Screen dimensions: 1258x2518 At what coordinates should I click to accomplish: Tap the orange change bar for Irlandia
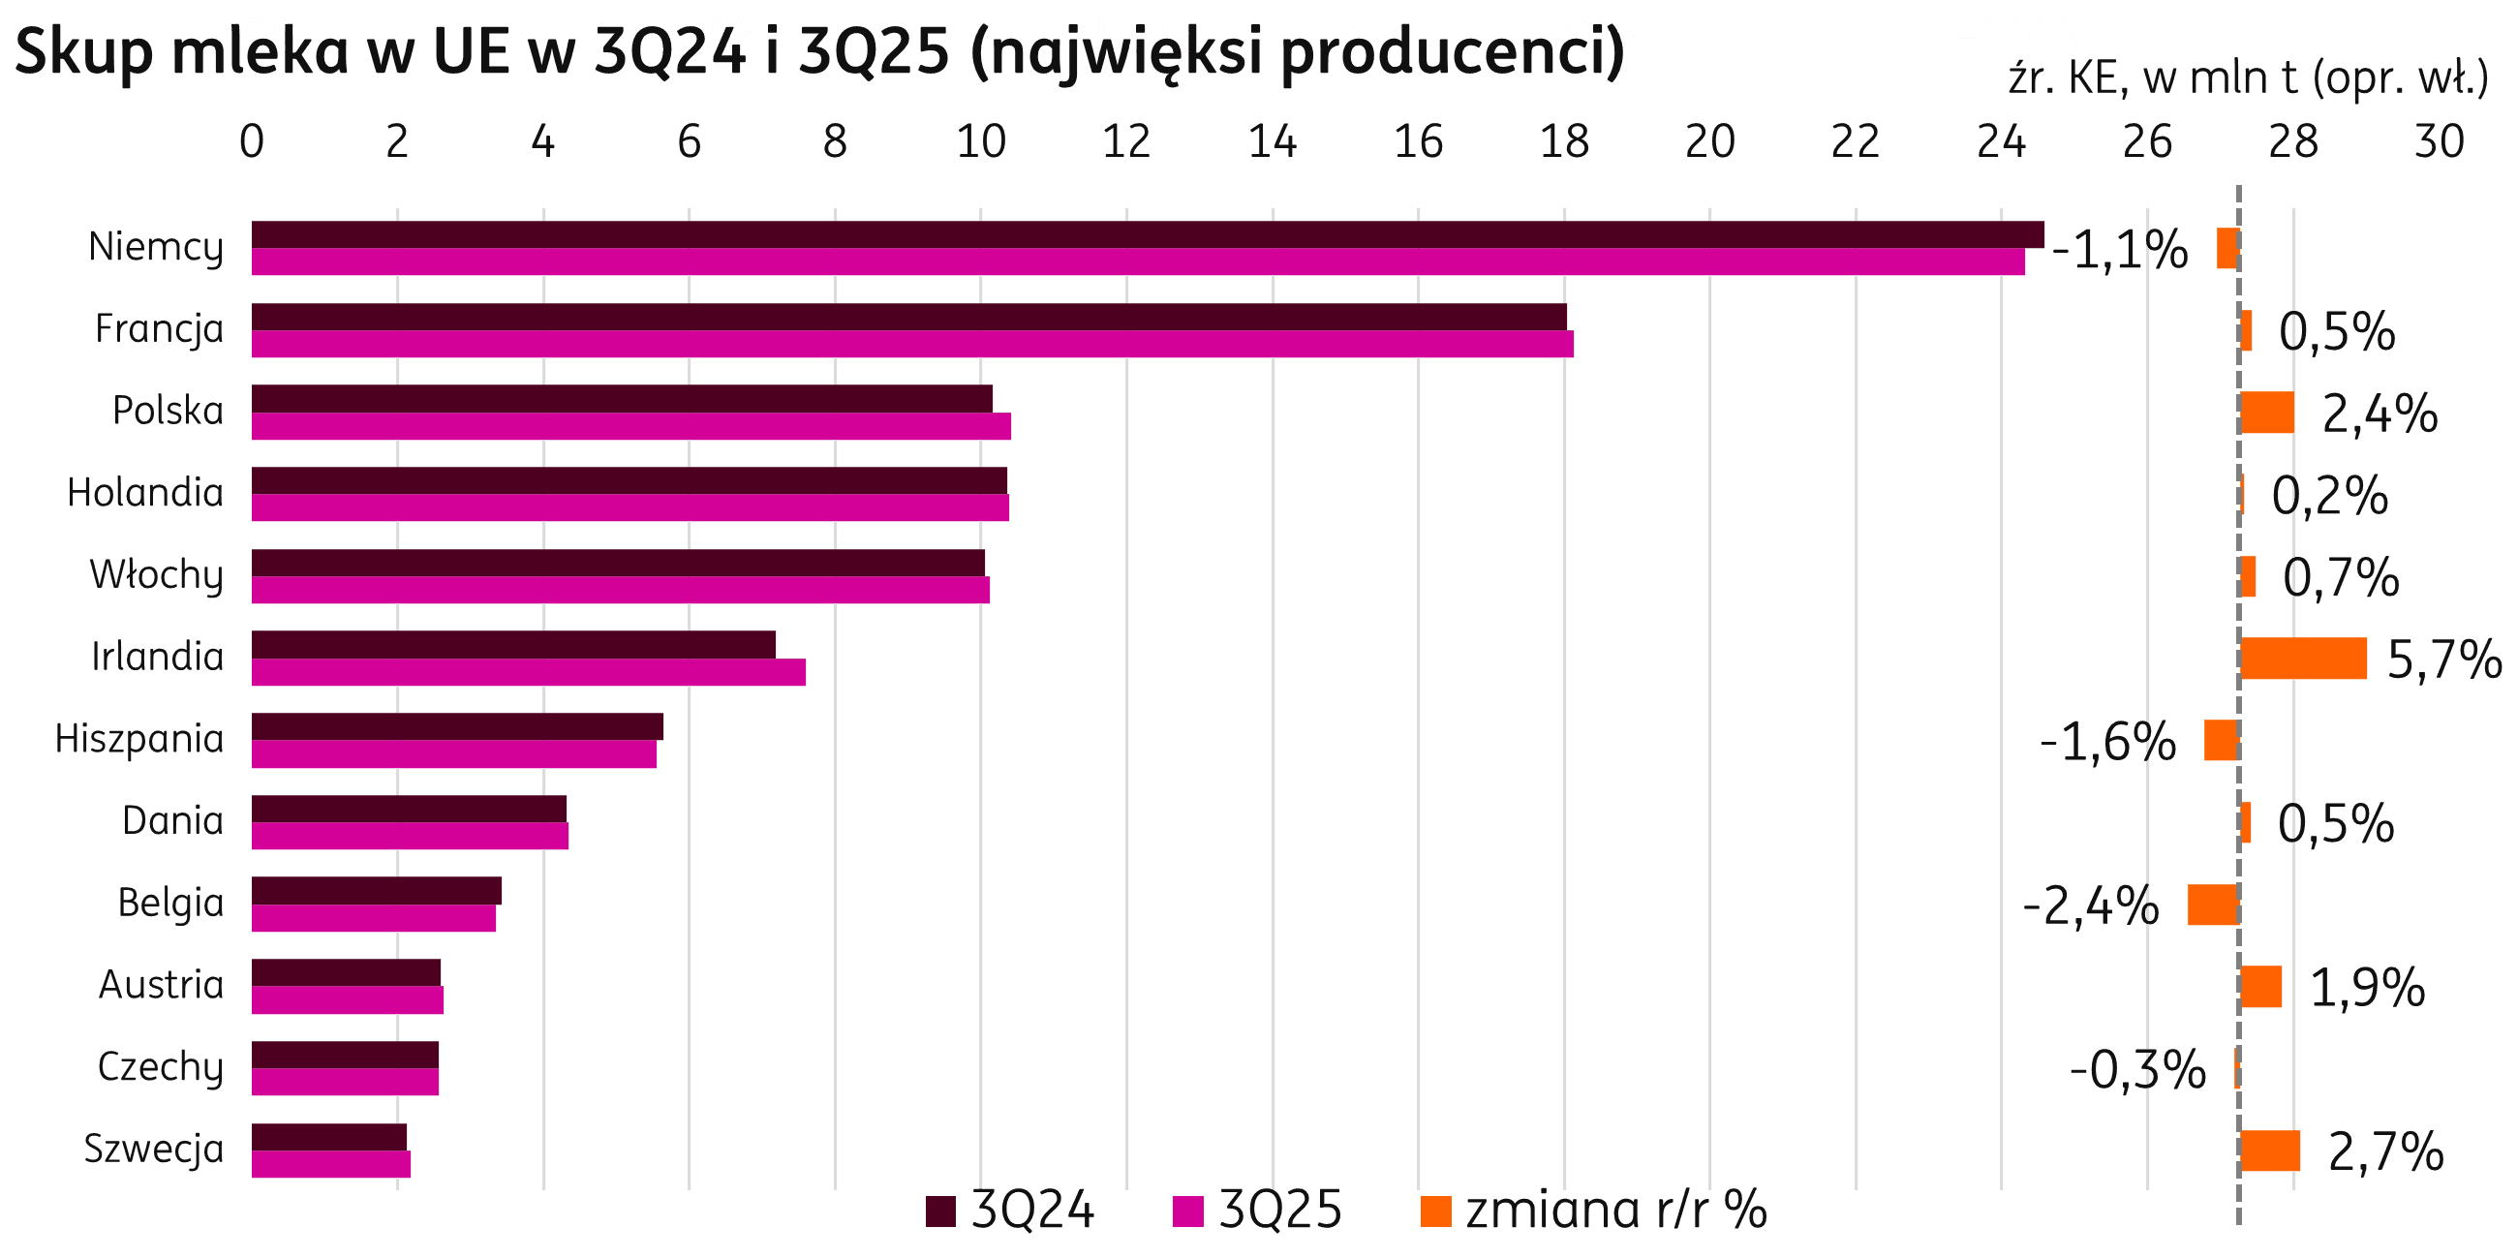pos(2303,658)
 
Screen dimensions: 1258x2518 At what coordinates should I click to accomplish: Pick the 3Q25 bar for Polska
pos(630,427)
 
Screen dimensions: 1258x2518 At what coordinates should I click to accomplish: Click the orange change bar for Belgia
pos(2213,905)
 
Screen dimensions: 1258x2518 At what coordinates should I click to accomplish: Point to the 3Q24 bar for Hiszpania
pos(457,727)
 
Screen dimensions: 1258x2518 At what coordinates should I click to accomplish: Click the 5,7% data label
pos(2443,660)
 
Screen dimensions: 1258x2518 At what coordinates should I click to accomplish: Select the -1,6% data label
pos(2107,742)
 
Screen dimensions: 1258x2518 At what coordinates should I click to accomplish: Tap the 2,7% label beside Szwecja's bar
pos(2385,1151)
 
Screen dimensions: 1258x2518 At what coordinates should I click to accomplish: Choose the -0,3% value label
pos(2136,1069)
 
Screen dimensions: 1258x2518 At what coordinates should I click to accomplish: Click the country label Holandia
pos(145,493)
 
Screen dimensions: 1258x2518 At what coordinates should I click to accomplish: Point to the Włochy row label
pos(156,574)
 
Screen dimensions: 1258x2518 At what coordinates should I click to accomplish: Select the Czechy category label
pos(161,1067)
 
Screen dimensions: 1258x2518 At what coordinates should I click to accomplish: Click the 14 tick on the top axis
pos(1272,142)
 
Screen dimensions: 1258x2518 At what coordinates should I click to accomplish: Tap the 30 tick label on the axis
pos(2438,142)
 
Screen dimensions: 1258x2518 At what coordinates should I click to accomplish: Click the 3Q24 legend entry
pos(1011,1212)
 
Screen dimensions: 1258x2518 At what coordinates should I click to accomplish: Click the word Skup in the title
pos(82,53)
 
